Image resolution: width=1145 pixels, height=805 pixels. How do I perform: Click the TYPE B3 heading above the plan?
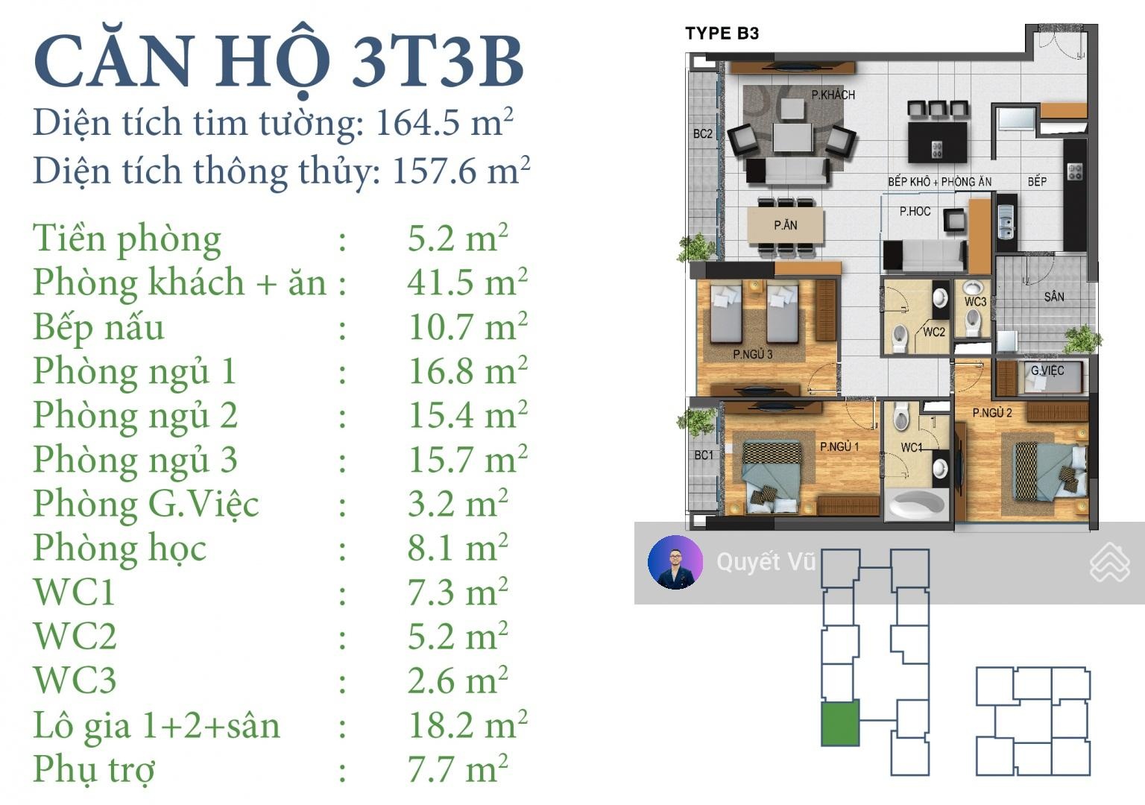pos(722,34)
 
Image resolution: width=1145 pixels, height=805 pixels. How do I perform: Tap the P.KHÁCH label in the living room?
pos(833,95)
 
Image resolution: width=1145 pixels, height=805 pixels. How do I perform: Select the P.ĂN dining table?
pos(785,225)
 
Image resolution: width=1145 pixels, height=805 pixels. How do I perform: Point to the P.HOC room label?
pos(915,211)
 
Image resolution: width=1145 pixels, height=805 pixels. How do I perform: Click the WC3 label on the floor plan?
pos(975,302)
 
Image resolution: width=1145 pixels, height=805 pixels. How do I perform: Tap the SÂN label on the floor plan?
pos(1054,297)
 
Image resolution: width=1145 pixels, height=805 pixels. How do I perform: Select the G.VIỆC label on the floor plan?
pos(1047,370)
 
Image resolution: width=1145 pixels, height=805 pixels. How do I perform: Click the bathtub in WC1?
pos(916,505)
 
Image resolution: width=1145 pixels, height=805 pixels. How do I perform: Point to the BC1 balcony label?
pos(704,455)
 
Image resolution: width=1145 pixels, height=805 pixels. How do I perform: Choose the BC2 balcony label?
pos(703,134)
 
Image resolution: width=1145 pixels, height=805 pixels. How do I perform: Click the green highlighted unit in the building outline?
pos(839,723)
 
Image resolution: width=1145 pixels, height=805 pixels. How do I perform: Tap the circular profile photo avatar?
pos(675,562)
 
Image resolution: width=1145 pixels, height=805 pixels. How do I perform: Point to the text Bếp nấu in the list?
pos(98,328)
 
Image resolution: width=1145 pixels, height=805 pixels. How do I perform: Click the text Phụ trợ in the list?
pos(94,770)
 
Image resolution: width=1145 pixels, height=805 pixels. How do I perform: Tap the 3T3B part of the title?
pos(438,61)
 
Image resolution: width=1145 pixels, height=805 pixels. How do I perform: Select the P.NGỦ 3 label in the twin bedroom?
pos(752,354)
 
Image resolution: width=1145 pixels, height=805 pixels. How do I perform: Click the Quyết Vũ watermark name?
pos(766,562)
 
